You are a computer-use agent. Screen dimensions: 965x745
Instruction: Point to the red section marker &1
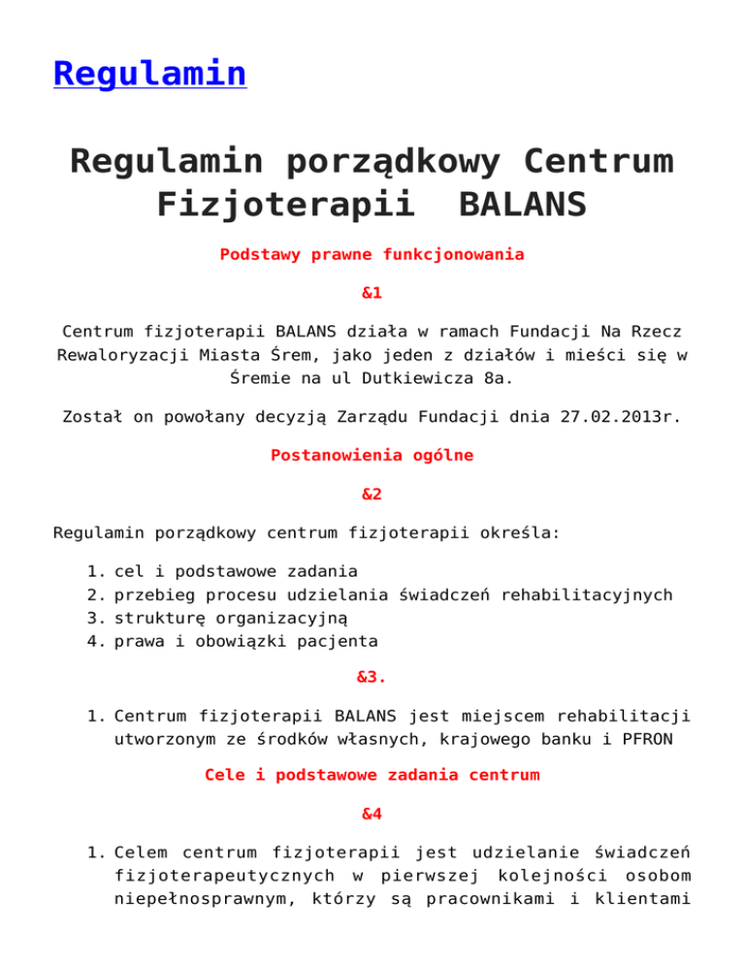pos(372,290)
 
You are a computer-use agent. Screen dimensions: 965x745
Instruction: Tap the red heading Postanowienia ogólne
pos(372,454)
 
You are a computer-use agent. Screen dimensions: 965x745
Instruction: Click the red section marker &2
pos(372,493)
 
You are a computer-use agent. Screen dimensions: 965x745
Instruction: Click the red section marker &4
pos(372,814)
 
